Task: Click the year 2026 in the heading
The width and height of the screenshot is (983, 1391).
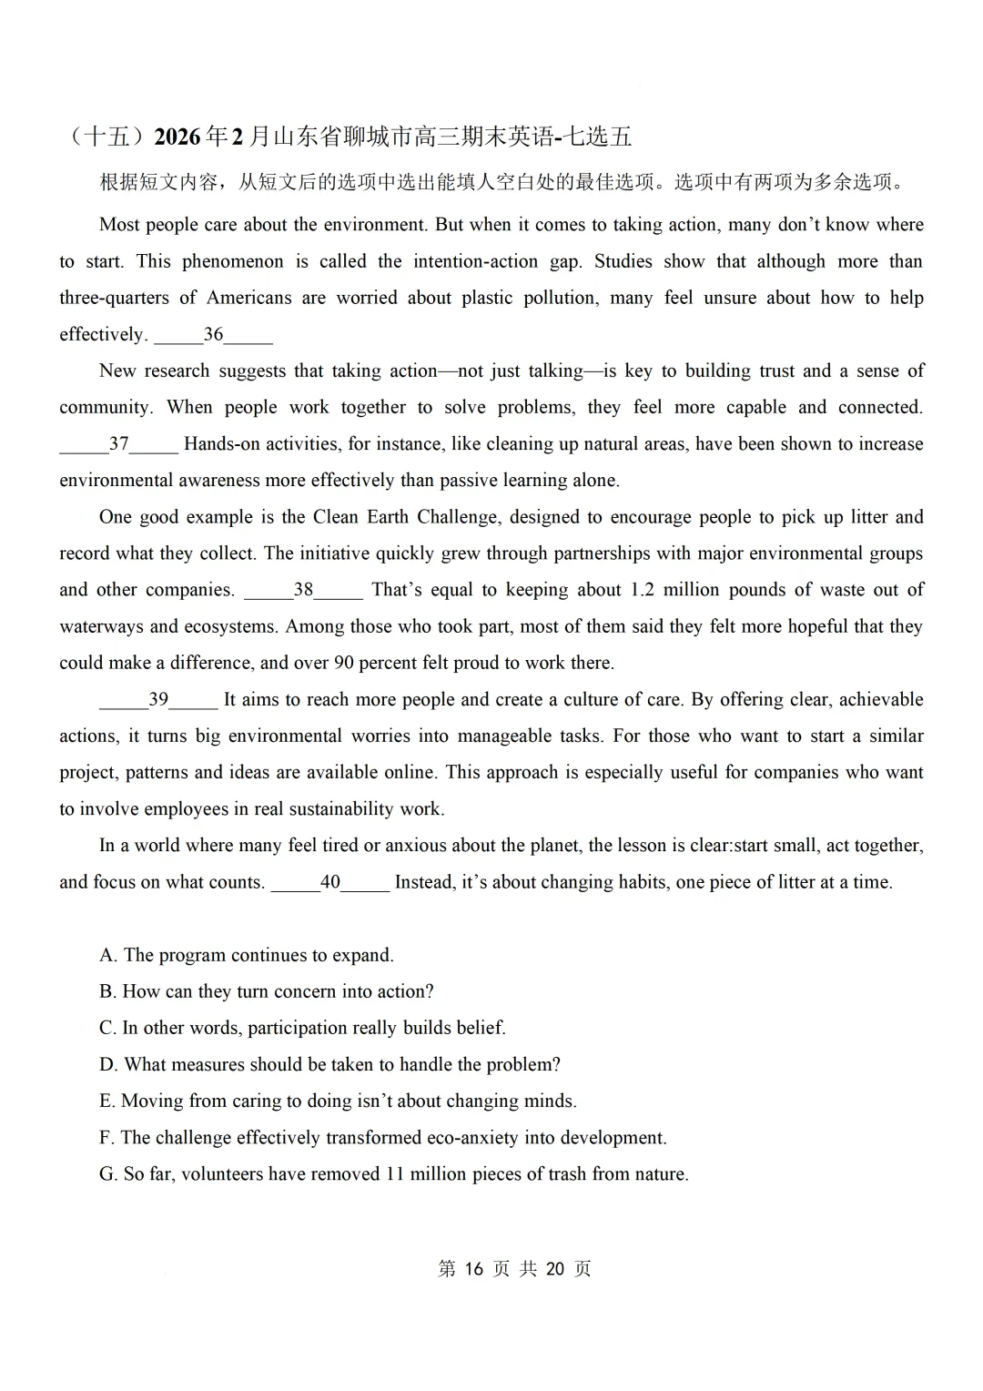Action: (x=177, y=137)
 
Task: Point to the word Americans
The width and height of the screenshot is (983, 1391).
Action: (x=249, y=298)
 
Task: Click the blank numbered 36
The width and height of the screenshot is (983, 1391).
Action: (x=213, y=335)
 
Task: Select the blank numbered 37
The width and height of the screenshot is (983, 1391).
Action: (x=118, y=444)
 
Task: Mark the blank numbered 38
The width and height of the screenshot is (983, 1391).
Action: (x=303, y=590)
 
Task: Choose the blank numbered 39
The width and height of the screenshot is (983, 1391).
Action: (x=158, y=699)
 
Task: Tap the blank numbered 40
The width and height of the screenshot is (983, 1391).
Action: (x=330, y=882)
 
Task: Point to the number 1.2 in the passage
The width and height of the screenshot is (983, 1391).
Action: (x=642, y=590)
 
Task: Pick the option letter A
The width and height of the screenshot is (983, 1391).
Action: (x=108, y=955)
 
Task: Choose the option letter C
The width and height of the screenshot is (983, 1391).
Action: (x=107, y=1028)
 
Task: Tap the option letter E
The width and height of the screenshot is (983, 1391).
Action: (x=106, y=1101)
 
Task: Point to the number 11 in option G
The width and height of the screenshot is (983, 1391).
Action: (x=394, y=1174)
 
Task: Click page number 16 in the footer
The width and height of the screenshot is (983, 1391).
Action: (x=472, y=1269)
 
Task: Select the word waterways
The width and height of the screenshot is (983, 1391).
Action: (x=100, y=626)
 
